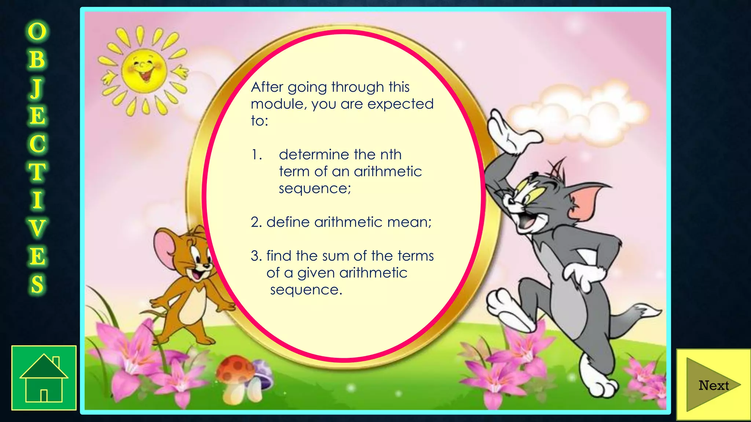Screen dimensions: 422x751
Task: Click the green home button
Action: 44,378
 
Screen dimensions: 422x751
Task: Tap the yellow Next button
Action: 713,385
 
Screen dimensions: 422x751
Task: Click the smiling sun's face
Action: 144,71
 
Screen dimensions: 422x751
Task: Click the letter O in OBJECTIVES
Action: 37,31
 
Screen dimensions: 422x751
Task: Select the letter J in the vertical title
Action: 37,88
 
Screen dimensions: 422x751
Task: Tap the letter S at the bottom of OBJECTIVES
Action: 37,284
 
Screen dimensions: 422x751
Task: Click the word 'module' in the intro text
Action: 279,104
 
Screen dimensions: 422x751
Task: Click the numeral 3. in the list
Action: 256,256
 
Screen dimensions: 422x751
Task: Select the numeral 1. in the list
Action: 257,155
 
